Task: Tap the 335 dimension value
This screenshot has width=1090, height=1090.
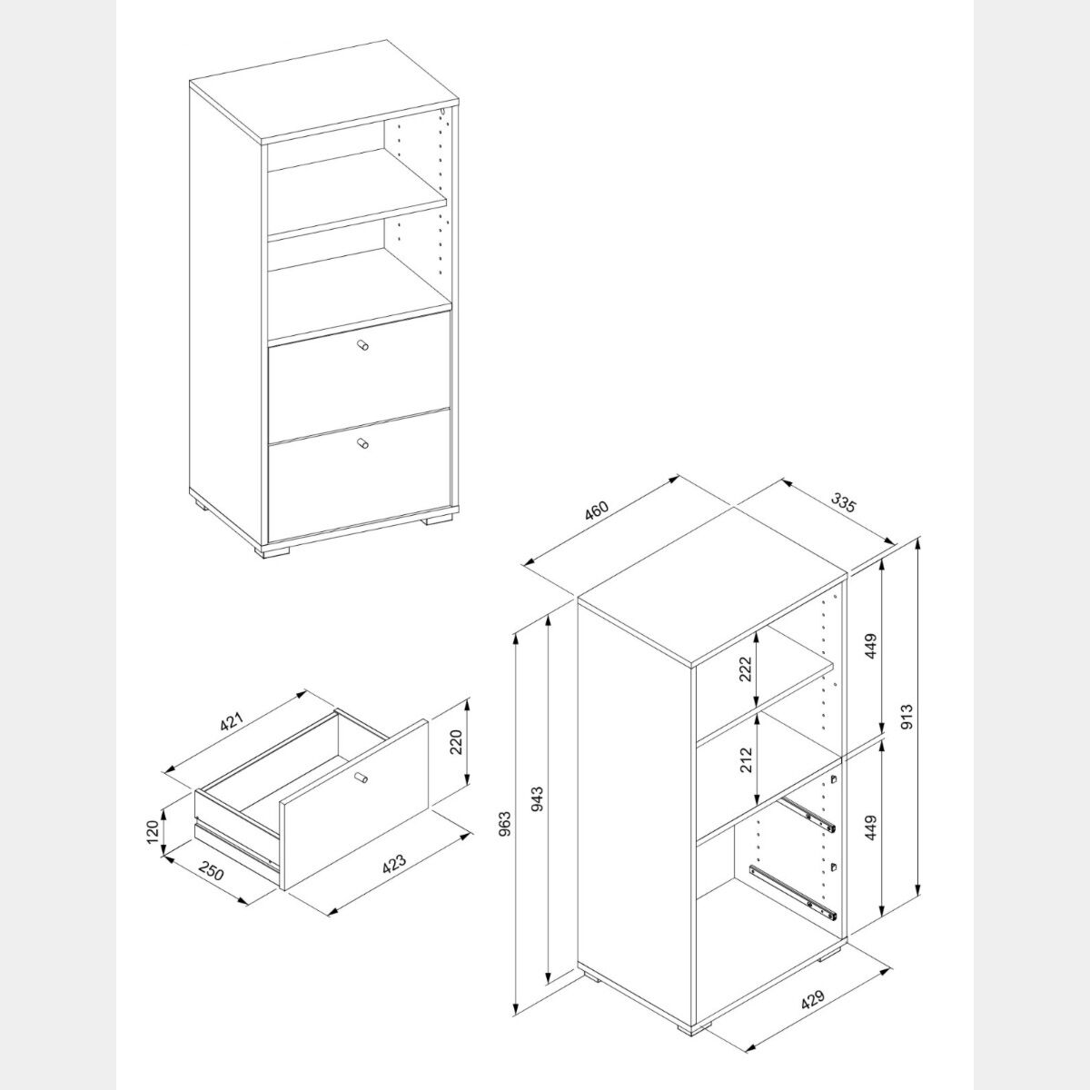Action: pos(843,501)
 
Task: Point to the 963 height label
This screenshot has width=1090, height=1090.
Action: pos(505,824)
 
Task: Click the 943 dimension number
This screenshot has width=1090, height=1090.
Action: pos(538,798)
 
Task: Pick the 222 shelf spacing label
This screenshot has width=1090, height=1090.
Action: pos(746,669)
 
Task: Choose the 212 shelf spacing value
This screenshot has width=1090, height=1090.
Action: pos(746,759)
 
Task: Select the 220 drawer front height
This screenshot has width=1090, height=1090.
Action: pos(456,741)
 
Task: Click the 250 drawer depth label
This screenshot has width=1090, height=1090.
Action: pos(213,888)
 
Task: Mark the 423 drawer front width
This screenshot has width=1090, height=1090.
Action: pos(394,877)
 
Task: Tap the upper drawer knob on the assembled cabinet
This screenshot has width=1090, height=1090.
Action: pos(362,345)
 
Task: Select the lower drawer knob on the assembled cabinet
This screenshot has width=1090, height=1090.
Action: pos(362,443)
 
